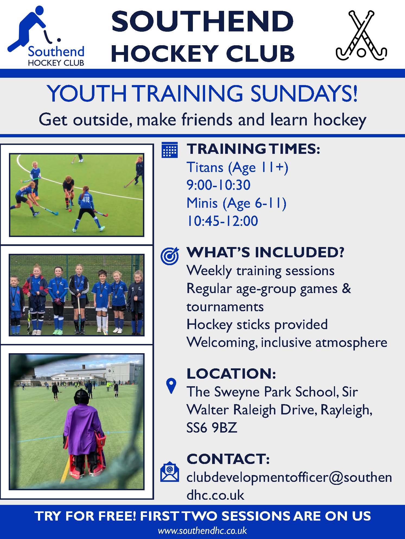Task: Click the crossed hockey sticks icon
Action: tap(361, 35)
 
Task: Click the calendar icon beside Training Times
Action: tap(170, 150)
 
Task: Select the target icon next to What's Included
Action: tap(170, 256)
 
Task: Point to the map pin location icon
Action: tap(171, 386)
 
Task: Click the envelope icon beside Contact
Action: tap(170, 472)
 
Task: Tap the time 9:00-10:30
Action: tap(218, 185)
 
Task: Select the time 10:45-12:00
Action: tap(222, 221)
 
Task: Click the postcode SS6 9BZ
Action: tap(212, 428)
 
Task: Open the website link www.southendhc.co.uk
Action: tap(202, 530)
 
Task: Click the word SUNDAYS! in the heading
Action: tap(304, 93)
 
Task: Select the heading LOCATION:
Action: tap(231, 374)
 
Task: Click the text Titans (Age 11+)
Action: tap(237, 168)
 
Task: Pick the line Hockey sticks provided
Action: tap(257, 325)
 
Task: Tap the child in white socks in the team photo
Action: tap(102, 301)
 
